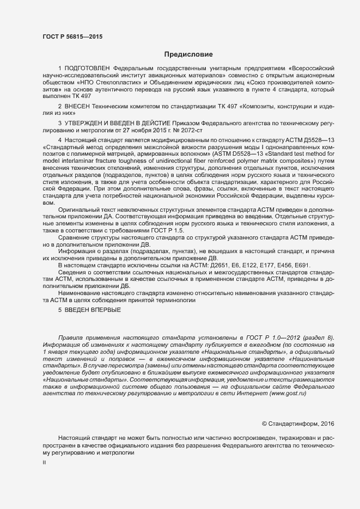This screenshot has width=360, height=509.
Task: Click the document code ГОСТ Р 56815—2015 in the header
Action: (x=72, y=36)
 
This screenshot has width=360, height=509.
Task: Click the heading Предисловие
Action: (x=188, y=54)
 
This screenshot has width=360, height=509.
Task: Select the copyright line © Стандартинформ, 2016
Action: (x=298, y=423)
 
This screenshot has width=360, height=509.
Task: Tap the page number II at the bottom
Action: (x=44, y=462)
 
